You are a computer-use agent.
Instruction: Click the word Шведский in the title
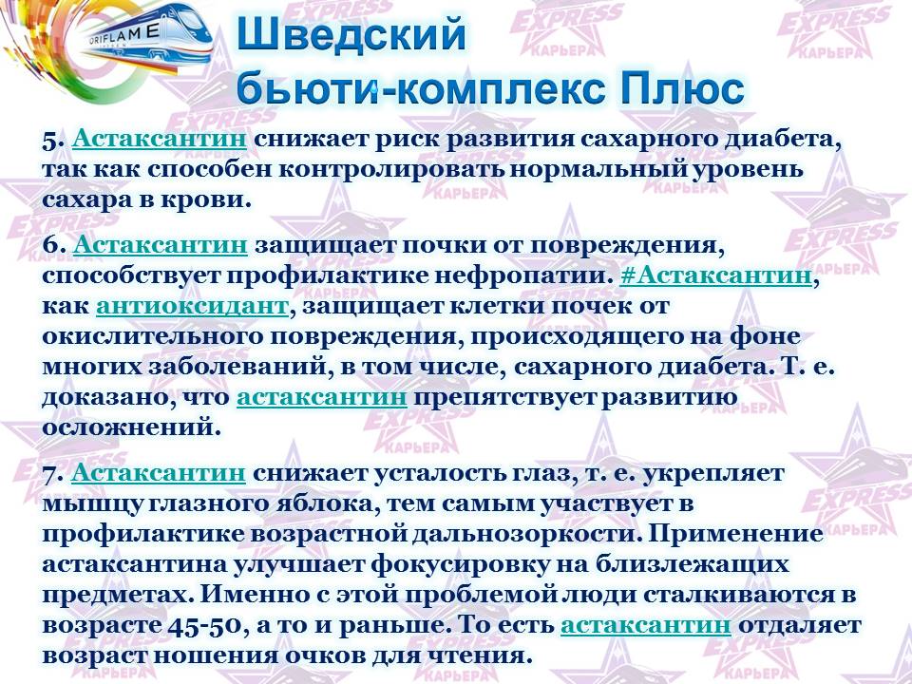(351, 35)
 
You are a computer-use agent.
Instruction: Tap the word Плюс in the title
(682, 88)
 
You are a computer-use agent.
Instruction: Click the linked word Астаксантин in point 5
(160, 140)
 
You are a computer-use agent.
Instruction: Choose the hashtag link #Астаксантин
(716, 275)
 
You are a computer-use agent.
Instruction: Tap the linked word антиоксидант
(192, 305)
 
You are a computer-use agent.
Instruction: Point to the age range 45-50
(204, 625)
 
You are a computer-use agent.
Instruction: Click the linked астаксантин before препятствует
(322, 397)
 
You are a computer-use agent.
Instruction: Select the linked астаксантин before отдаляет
(646, 625)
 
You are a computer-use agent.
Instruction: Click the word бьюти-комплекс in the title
(424, 89)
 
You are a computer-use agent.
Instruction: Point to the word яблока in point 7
(330, 503)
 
